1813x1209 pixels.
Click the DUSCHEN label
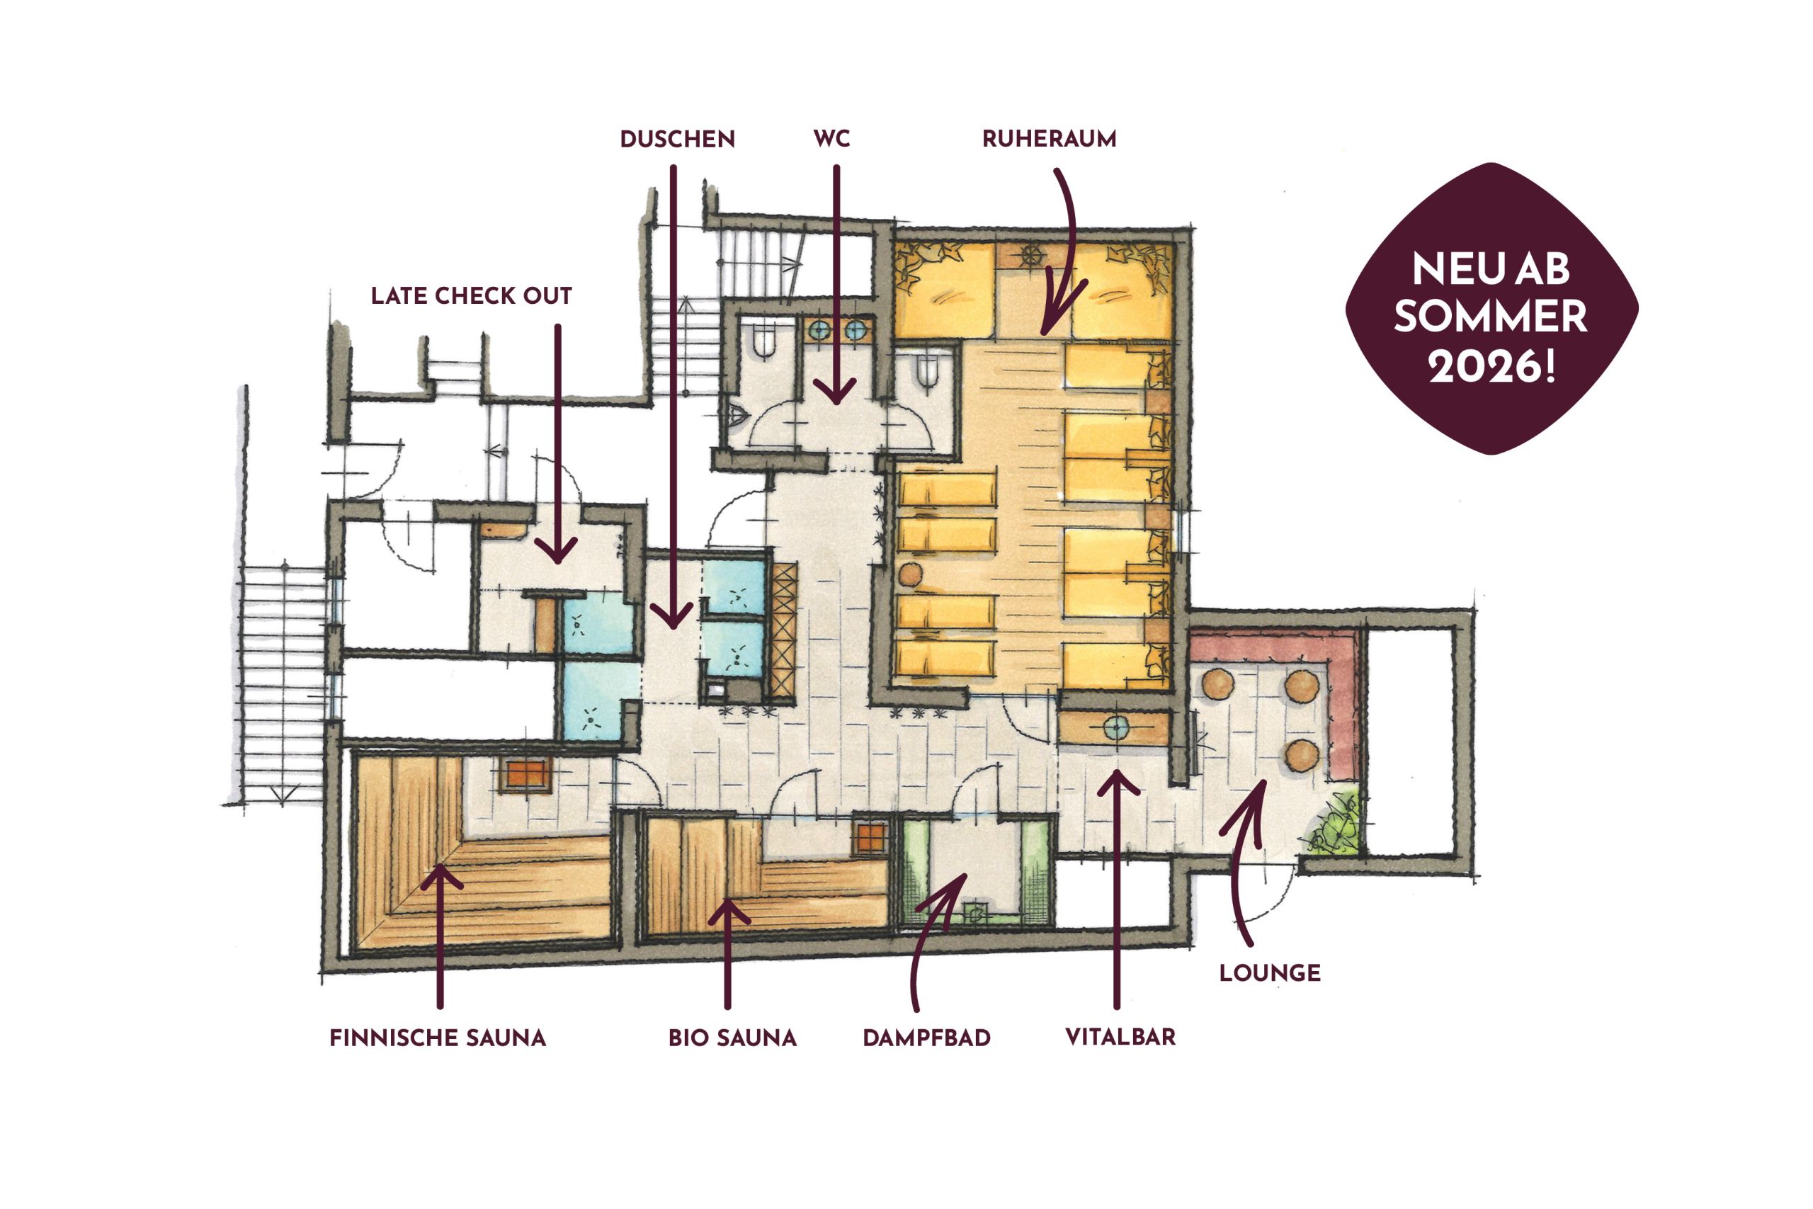(x=678, y=140)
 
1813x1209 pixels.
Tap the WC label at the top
(x=831, y=140)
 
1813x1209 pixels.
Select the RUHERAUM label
(x=1049, y=140)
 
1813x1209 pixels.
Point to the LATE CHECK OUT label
(x=471, y=296)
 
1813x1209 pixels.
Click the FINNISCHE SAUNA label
(x=438, y=1038)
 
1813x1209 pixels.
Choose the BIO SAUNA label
(x=732, y=1038)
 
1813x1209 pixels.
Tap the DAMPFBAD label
(x=926, y=1038)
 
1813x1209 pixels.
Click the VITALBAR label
(x=1121, y=1037)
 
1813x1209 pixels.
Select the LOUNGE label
(x=1271, y=973)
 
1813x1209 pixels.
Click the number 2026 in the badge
(x=1491, y=366)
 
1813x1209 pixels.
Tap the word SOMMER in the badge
(x=1491, y=316)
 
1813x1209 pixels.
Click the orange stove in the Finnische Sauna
(x=525, y=773)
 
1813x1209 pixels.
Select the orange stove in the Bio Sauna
(x=870, y=838)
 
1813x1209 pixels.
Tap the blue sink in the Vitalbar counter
(x=1116, y=727)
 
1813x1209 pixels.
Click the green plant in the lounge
(x=1333, y=824)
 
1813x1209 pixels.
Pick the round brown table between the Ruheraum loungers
(x=910, y=574)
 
